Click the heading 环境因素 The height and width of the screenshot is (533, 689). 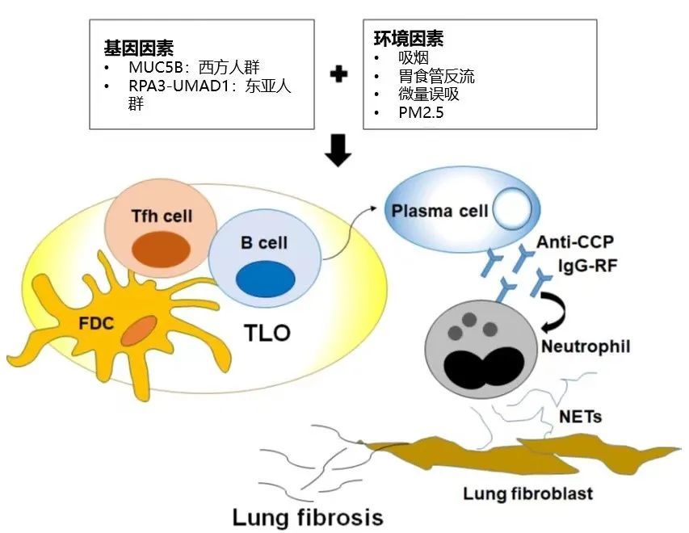[x=408, y=38]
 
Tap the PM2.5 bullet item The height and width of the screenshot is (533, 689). [x=421, y=113]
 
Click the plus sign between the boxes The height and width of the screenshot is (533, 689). [x=339, y=74]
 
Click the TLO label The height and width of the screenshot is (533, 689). [x=266, y=332]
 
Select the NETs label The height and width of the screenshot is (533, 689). [x=579, y=417]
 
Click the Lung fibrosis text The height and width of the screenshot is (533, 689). [x=307, y=517]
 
